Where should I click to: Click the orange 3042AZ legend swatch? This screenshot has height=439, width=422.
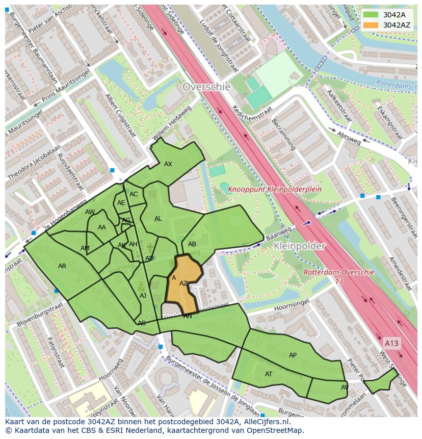(371, 25)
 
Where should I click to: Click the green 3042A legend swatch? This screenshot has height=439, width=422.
(371, 15)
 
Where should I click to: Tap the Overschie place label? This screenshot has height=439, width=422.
(206, 87)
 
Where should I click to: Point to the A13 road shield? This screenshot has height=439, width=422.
(391, 343)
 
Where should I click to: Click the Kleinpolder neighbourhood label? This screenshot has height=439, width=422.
(299, 246)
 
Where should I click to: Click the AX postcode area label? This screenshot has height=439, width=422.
(168, 164)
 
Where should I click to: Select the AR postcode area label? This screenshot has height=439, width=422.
(62, 266)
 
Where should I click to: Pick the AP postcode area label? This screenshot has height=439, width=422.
(293, 355)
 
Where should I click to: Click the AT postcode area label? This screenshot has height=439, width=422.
(269, 374)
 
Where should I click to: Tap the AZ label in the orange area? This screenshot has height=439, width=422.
(183, 283)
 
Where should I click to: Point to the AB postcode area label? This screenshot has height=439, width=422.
(192, 244)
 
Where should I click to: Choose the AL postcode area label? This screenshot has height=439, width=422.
(158, 219)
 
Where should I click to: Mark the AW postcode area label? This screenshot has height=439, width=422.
(90, 212)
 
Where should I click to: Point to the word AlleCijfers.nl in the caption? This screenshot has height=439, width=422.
(266, 422)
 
